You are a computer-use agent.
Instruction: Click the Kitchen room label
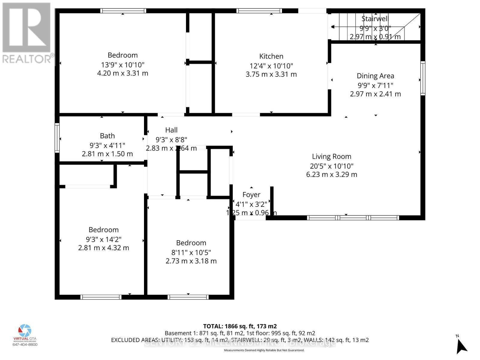coord(271,56)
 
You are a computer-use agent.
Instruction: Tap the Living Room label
coord(331,156)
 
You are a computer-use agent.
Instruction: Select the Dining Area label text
coord(375,76)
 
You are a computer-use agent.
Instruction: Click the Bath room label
coord(107,136)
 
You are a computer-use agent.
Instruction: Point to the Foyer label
coord(251,195)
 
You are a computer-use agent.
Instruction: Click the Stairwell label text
coord(375,19)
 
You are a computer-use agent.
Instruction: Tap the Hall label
coord(171,130)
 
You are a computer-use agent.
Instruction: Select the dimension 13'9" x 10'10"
coord(123,64)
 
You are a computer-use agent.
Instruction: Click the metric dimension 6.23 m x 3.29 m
coord(331,174)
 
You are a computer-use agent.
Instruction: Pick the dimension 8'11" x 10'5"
coord(191,252)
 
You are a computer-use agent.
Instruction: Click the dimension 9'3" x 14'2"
coord(103,239)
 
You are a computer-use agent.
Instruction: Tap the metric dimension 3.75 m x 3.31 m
coord(271,74)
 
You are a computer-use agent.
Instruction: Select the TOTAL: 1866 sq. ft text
coord(240,326)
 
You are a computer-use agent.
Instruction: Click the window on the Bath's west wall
coord(57,138)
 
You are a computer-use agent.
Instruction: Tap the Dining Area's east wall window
coord(423,78)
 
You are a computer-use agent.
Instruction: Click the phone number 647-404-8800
coord(25,344)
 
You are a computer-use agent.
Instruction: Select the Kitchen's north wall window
coord(259,11)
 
